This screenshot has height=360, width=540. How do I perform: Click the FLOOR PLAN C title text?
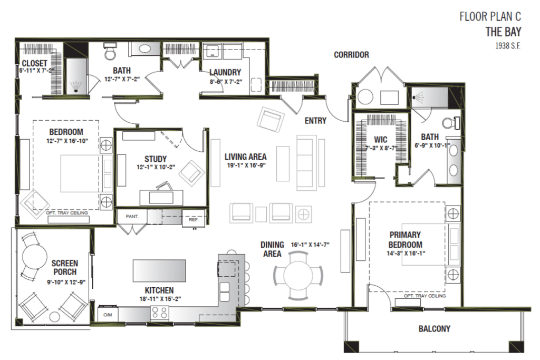pos(490,16)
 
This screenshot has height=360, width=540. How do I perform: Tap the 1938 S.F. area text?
pos(507,46)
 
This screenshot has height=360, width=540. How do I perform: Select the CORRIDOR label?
pos(351,55)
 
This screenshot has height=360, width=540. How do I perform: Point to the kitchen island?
pos(160,270)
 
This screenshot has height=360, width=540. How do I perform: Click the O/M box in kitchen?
pos(108,315)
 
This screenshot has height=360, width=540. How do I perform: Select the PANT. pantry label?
pos(132,216)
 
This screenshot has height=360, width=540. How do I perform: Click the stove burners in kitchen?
pos(160,313)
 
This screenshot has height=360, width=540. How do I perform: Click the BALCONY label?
pos(435,329)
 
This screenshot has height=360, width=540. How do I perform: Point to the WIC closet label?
pos(380,140)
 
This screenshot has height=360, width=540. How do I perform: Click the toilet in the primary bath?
pos(449,123)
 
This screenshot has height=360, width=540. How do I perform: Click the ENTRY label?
pos(315,121)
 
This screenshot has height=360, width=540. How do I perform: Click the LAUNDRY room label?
pos(225,72)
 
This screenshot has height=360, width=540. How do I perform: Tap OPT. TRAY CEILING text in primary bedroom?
pos(425,296)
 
